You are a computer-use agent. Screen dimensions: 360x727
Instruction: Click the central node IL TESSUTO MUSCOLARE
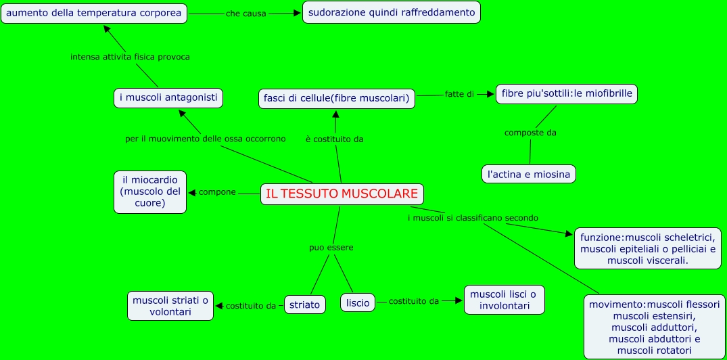pyautogui.click(x=342, y=194)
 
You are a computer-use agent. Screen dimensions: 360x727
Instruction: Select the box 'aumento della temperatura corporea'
pyautogui.click(x=94, y=13)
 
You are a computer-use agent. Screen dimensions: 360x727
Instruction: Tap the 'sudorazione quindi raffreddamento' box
pyautogui.click(x=391, y=12)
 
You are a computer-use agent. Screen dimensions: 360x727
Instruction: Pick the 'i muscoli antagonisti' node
pyautogui.click(x=168, y=98)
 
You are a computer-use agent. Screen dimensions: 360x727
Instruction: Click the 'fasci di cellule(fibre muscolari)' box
pyautogui.click(x=336, y=98)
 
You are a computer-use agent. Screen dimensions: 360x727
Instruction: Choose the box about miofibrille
pyautogui.click(x=567, y=94)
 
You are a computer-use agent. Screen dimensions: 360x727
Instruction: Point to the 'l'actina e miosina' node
pyautogui.click(x=529, y=174)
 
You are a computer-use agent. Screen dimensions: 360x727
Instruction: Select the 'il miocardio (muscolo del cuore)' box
pyautogui.click(x=150, y=192)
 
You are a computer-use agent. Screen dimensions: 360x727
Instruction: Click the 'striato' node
pyautogui.click(x=304, y=305)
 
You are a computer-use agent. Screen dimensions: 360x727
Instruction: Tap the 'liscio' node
pyautogui.click(x=358, y=302)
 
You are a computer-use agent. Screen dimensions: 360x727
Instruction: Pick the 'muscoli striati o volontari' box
pyautogui.click(x=171, y=306)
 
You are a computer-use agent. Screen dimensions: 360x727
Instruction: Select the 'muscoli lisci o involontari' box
pyautogui.click(x=504, y=300)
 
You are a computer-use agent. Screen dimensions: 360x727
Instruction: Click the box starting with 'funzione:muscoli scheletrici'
pyautogui.click(x=648, y=248)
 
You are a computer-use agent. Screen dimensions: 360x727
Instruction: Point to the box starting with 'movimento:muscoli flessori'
pyautogui.click(x=654, y=327)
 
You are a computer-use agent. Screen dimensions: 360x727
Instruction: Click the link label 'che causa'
pyautogui.click(x=246, y=14)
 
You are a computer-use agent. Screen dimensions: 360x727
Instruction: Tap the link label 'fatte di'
pyautogui.click(x=459, y=94)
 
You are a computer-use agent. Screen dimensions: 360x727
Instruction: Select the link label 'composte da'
pyautogui.click(x=530, y=133)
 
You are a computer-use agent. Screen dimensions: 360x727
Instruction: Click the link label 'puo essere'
pyautogui.click(x=331, y=248)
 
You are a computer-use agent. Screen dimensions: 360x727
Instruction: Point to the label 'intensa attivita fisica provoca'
pyautogui.click(x=130, y=57)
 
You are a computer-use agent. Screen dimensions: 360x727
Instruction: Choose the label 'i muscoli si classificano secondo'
pyautogui.click(x=473, y=218)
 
